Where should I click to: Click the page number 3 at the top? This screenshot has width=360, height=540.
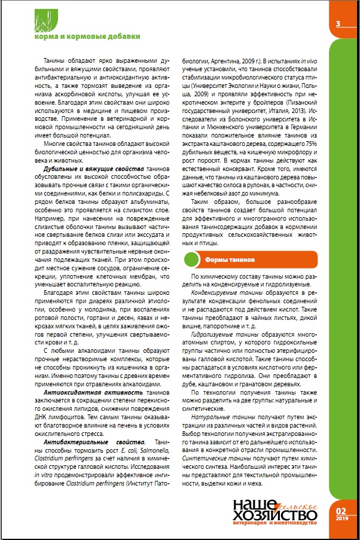(x=338, y=24)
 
